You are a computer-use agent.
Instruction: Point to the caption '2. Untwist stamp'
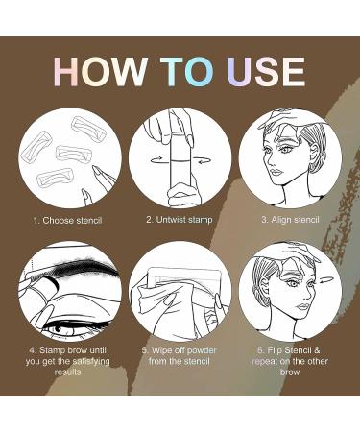[179, 220]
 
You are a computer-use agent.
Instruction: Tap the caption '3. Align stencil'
[291, 220]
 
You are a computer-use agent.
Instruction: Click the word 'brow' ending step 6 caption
[290, 372]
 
